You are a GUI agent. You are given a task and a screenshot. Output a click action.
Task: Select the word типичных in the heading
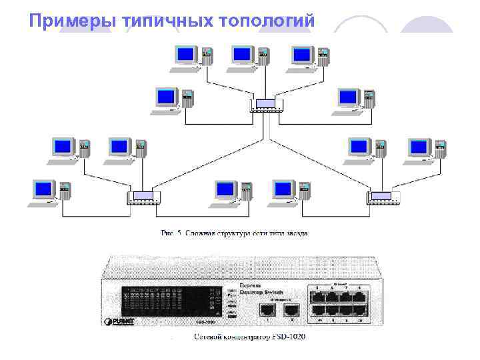167,21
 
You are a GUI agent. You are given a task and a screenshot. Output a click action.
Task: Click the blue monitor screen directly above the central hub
242,54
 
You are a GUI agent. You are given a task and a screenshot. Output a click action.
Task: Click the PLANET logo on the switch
120,322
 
